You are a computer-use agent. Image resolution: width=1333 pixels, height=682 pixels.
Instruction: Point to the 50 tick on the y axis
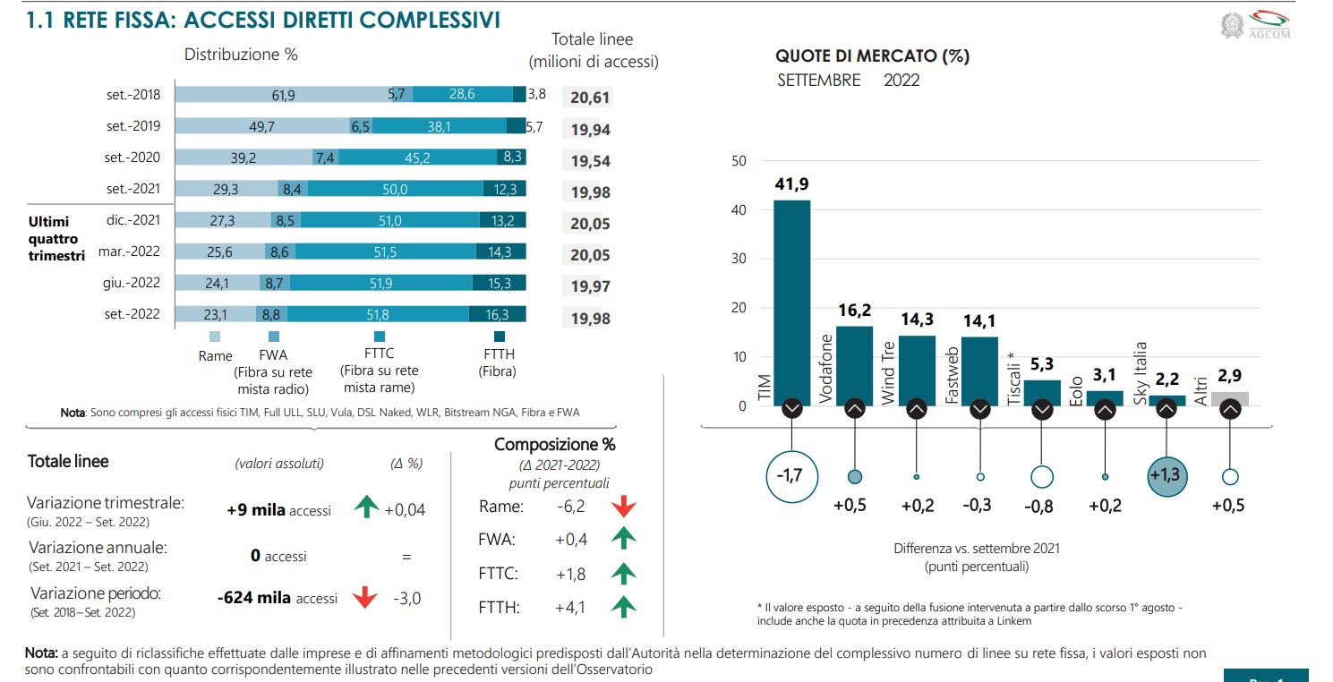click(x=739, y=162)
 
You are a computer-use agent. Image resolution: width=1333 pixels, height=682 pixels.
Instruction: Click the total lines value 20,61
click(x=590, y=98)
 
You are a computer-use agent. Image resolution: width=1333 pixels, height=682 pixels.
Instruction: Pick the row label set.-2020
click(x=132, y=158)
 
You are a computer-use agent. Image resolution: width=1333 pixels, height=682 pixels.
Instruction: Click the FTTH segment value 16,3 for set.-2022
click(x=497, y=314)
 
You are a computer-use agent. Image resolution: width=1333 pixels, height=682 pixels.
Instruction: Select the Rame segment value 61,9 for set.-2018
click(x=283, y=94)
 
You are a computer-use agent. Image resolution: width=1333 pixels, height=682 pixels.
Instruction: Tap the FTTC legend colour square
click(x=379, y=337)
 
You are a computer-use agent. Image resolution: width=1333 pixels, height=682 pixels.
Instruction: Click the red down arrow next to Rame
click(x=623, y=507)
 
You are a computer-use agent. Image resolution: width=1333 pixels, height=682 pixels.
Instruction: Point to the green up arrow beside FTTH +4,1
click(x=623, y=607)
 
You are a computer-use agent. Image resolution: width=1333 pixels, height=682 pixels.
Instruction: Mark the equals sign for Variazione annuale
click(x=406, y=556)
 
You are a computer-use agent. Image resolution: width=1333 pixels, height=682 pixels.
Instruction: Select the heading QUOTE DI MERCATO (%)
click(x=872, y=56)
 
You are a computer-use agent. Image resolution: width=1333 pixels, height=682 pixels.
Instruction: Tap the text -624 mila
click(x=254, y=598)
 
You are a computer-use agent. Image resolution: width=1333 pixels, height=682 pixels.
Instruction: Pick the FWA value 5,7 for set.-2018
click(x=397, y=94)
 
